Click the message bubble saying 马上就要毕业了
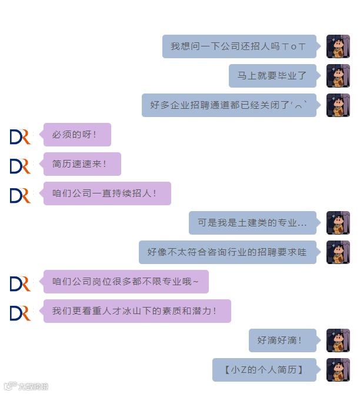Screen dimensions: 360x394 coord(272,76)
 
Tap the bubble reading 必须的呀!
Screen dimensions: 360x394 coord(77,135)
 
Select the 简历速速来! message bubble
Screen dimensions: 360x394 coord(82,164)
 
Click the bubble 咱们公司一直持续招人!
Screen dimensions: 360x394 coord(107,193)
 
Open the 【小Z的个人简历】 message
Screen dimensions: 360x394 coord(264,370)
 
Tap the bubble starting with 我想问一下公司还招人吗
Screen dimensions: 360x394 coord(239,46)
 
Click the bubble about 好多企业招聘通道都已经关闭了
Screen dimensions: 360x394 coord(229,105)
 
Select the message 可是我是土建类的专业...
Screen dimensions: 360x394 coord(252,223)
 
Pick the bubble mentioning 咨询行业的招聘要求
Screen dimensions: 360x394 coord(227,252)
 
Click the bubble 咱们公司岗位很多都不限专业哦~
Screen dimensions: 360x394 coord(126,282)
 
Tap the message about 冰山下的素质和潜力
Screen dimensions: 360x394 coord(137,311)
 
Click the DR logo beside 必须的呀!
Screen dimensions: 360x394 coord(20,136)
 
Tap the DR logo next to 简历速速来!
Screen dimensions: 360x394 coord(20,165)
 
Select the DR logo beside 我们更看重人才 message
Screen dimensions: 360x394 coord(20,312)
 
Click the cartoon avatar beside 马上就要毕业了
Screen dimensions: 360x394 coord(338,76)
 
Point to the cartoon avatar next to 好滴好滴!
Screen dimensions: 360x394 coord(338,340)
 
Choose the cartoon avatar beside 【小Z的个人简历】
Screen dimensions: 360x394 coord(338,370)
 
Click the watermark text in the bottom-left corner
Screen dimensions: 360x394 coord(26,386)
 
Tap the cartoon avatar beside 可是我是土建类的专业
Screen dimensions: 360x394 coord(338,223)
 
